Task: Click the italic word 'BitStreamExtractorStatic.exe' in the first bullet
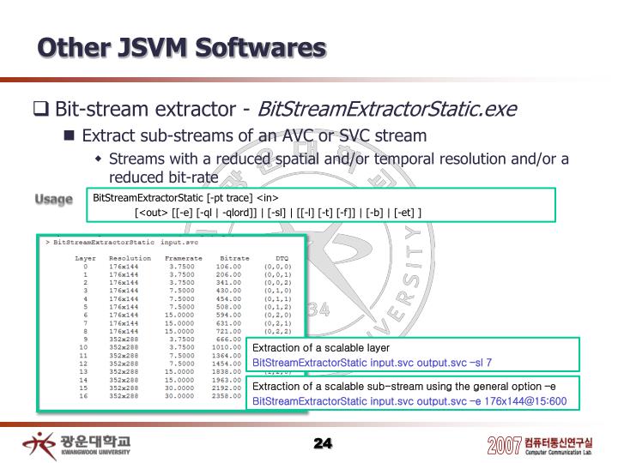click(387, 110)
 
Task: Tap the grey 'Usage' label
click(54, 199)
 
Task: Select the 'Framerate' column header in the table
click(183, 258)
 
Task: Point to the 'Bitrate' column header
click(234, 258)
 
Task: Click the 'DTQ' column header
click(282, 258)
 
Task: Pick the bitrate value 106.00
click(228, 267)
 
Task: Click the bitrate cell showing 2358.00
click(226, 396)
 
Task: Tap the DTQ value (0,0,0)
click(277, 267)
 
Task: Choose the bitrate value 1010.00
click(226, 347)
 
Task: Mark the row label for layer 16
click(83, 396)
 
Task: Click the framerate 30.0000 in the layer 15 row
click(180, 388)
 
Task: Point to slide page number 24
click(323, 442)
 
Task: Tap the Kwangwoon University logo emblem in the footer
click(39, 444)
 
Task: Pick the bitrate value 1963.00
click(226, 380)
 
